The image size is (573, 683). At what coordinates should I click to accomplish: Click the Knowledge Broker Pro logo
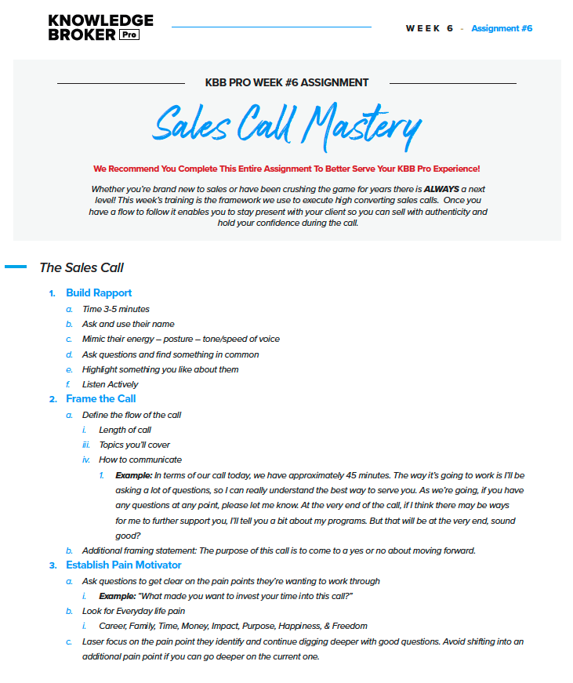100,27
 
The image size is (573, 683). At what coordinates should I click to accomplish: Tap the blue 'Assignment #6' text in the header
502,29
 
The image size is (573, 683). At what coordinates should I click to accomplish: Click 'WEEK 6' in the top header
430,29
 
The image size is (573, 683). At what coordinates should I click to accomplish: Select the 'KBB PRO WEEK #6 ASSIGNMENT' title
286,82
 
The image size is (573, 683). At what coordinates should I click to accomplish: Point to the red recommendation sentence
286,169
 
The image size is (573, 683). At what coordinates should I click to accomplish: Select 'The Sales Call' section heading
82,267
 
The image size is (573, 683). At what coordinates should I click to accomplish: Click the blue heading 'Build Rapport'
99,293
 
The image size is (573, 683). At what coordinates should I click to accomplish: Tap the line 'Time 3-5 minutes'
116,309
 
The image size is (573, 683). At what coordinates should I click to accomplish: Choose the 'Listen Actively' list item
110,384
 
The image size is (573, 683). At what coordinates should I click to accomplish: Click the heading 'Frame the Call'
101,399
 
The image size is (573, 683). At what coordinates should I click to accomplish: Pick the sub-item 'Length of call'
125,430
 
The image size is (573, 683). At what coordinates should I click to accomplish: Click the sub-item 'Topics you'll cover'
134,445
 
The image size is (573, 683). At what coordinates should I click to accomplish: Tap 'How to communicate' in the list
140,460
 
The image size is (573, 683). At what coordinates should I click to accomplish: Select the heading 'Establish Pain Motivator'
123,565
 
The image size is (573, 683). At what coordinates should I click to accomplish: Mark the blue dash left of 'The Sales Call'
16,267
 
